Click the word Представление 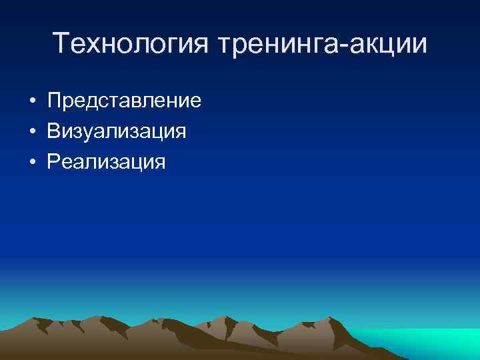pos(124,102)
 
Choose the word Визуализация pos(116,131)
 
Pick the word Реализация pos(106,161)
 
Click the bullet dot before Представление pos(32,102)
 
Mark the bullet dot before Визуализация pos(32,131)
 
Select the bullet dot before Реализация pos(32,161)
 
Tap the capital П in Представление pos(54,101)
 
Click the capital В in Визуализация pos(53,131)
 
